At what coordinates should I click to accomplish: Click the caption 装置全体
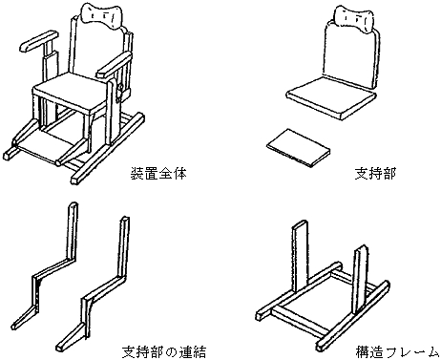click(x=158, y=174)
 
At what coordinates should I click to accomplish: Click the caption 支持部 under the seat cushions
click(x=375, y=174)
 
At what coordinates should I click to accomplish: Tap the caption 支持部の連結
click(x=164, y=351)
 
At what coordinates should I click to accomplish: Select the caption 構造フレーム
click(x=398, y=351)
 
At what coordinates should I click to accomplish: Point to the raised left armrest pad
click(x=38, y=41)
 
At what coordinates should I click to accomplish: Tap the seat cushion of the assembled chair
click(x=71, y=92)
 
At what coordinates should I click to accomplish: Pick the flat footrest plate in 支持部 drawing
click(x=299, y=148)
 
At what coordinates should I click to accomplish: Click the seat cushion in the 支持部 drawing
click(x=332, y=98)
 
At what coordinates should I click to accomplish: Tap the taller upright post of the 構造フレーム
click(x=301, y=255)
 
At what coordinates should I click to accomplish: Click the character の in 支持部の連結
click(x=171, y=352)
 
